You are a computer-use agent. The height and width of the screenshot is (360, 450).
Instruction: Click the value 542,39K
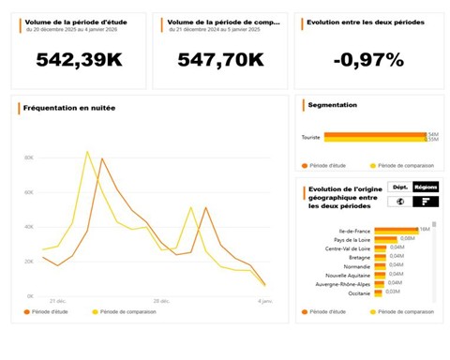coord(79,60)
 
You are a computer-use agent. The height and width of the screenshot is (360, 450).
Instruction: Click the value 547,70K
coord(221,60)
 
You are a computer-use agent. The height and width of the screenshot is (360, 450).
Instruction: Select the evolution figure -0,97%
coord(368,60)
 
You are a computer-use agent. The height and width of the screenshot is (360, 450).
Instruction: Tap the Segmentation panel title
coord(333,105)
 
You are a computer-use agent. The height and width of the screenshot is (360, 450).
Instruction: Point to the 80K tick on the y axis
coord(29,157)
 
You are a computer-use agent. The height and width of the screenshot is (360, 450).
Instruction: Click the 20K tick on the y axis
coord(29,262)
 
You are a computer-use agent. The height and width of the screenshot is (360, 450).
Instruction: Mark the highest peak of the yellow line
coord(87,151)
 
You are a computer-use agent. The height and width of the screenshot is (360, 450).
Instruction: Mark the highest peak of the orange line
coord(102,158)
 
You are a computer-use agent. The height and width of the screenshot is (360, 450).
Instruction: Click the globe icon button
coord(398,202)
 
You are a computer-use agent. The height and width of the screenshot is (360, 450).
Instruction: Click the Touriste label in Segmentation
coord(310,138)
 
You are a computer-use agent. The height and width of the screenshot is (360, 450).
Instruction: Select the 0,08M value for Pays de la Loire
coord(407,238)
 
